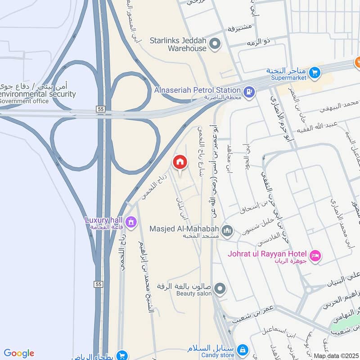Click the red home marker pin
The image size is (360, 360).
pos(180,162)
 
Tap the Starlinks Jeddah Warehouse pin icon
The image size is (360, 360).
pos(215,44)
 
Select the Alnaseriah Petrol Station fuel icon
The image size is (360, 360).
pos(248,92)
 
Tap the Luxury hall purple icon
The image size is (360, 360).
pos(131,222)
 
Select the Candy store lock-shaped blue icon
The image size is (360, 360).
pos(243,350)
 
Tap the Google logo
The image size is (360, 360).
pos(19,353)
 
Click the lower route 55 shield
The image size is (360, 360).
pos(99,284)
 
